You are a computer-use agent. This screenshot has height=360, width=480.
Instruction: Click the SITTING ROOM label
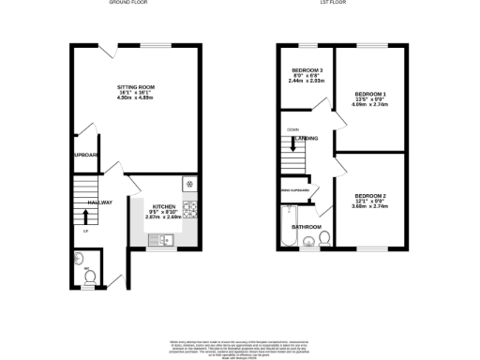pyautogui.click(x=136, y=87)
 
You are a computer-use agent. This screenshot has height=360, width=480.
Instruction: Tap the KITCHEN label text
pyautogui.click(x=164, y=205)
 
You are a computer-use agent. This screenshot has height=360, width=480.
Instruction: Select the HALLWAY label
pyautogui.click(x=100, y=202)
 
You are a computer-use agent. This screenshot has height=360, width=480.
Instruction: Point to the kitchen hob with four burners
pyautogui.click(x=188, y=208)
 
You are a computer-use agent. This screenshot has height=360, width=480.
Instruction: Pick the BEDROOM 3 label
pyautogui.click(x=307, y=71)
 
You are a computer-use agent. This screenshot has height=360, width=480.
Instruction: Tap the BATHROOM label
pyautogui.click(x=307, y=227)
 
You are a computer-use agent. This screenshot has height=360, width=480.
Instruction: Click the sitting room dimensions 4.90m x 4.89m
pyautogui.click(x=136, y=98)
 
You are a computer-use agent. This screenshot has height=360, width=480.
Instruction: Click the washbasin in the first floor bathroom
pyautogui.click(x=308, y=244)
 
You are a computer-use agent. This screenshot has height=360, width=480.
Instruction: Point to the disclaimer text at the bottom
pyautogui.click(x=240, y=345)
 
